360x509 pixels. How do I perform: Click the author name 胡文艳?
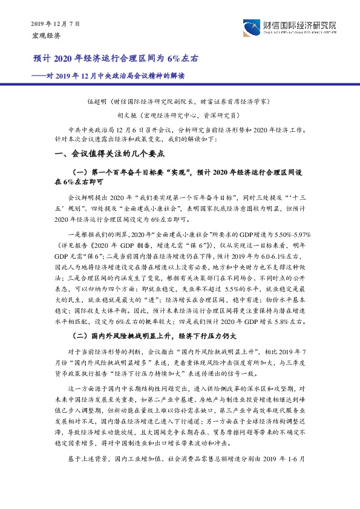click(126, 114)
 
